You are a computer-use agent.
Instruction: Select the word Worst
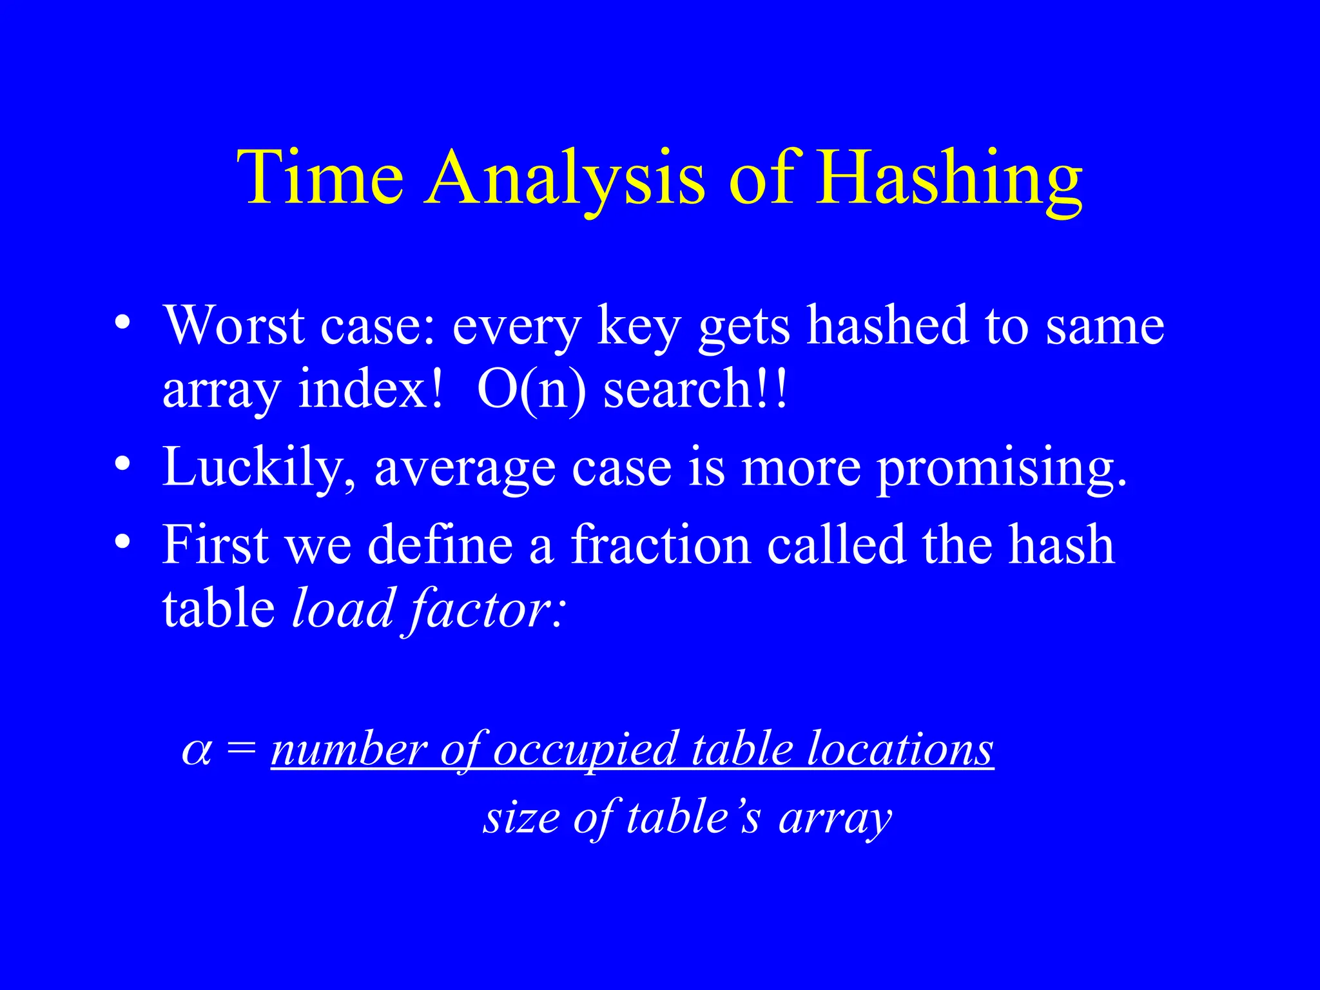click(233, 325)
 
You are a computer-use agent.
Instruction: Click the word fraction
click(661, 545)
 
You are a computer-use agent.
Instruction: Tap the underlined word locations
click(900, 750)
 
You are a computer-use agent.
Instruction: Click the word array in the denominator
click(835, 819)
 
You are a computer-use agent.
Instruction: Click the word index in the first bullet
click(371, 390)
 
